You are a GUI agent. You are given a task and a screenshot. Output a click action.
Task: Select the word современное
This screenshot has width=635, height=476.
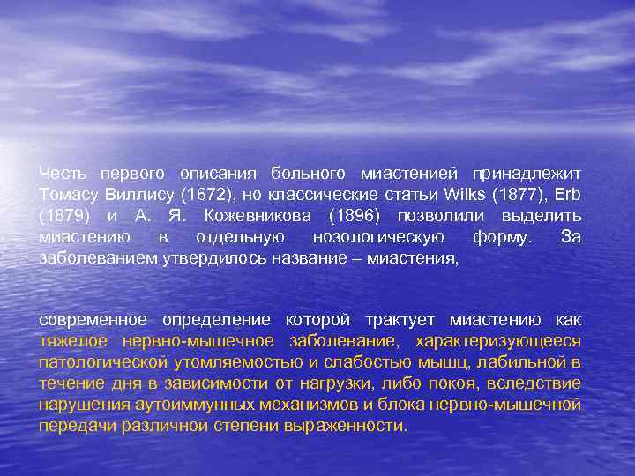point(94,320)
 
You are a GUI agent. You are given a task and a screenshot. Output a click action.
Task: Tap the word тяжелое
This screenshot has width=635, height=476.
point(70,341)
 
